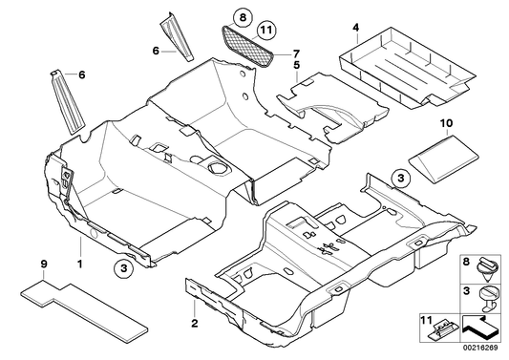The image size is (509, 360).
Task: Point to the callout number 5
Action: [x=297, y=66]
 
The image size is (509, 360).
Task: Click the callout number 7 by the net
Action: [x=295, y=52]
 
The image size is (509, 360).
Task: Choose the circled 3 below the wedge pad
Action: [x=401, y=179]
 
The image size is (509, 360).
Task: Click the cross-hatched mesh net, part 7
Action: [x=251, y=43]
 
